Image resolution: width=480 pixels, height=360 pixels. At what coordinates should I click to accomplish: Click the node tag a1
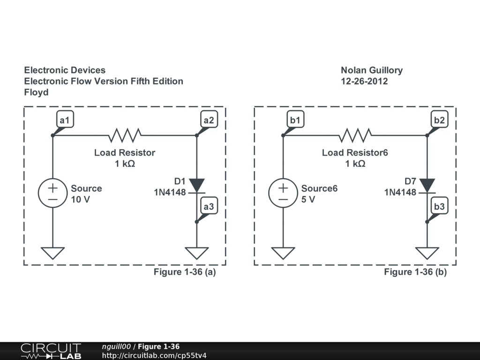click(x=64, y=120)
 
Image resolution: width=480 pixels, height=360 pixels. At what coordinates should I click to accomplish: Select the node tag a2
click(x=209, y=120)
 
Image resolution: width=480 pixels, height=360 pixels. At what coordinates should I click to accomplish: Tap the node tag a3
click(x=209, y=206)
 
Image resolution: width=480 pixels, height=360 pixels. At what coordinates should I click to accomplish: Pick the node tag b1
click(x=295, y=120)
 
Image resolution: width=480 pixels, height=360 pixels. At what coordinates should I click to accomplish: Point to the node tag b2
click(x=439, y=120)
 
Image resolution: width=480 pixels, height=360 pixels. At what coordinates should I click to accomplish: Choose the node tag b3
click(x=439, y=206)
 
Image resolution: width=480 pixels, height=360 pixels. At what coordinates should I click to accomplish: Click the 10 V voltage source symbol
click(x=52, y=193)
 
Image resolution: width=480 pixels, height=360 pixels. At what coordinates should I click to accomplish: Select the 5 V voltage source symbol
click(x=283, y=193)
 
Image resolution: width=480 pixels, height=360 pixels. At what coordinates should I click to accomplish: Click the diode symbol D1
click(x=197, y=186)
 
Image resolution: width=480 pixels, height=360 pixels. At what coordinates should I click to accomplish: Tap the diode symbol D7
click(x=427, y=186)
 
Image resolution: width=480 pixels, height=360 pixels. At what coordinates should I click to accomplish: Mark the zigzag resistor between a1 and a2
click(x=125, y=135)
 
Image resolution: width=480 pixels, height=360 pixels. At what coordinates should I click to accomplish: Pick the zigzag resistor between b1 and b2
click(x=355, y=135)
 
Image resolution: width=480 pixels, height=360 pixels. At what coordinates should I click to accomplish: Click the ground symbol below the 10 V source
click(x=52, y=253)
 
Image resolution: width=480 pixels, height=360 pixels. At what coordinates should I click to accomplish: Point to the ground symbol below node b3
click(x=427, y=253)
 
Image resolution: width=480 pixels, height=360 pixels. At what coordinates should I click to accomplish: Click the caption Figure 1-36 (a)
click(x=185, y=272)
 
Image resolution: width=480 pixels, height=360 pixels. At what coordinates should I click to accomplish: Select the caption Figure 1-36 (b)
click(x=415, y=272)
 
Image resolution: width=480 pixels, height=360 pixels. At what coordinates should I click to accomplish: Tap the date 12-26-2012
click(x=364, y=81)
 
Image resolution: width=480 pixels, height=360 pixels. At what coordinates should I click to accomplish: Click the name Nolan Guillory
click(x=372, y=70)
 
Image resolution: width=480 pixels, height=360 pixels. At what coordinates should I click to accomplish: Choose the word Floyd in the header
click(x=37, y=92)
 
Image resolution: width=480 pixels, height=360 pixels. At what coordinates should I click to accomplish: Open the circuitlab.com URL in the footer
click(x=154, y=355)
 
